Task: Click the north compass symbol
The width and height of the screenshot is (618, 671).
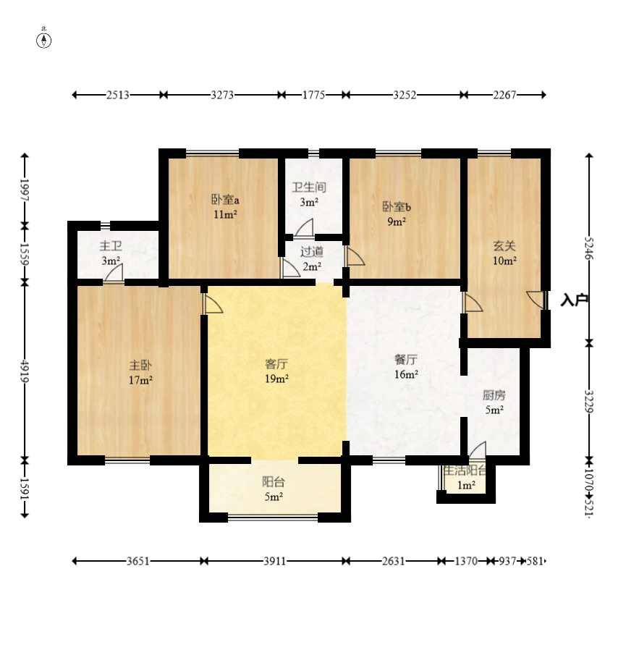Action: (43, 41)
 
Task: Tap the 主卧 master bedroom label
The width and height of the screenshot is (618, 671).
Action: (140, 365)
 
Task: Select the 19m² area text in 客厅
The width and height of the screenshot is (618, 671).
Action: (276, 379)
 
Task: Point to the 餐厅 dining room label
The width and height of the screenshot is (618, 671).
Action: (405, 360)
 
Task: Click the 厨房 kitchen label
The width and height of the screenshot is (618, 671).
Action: (494, 395)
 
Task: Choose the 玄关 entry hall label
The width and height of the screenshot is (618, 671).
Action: (504, 245)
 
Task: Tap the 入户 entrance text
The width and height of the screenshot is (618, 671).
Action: (575, 300)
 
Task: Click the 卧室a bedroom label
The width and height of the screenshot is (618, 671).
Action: (225, 199)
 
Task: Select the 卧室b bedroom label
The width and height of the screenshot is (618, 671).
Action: (397, 207)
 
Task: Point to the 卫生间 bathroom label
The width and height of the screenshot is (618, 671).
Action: (309, 187)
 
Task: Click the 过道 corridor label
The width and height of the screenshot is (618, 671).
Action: (311, 252)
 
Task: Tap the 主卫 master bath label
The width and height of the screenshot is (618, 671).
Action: (111, 246)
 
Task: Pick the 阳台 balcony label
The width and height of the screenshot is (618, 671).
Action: (274, 482)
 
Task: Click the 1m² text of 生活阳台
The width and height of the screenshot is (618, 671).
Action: (466, 485)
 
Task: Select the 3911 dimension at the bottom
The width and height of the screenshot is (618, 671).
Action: (274, 560)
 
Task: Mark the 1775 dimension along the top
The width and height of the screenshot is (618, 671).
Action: (313, 95)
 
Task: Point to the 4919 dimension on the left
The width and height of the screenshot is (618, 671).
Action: (25, 371)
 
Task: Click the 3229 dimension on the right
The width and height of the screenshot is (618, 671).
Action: (589, 402)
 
